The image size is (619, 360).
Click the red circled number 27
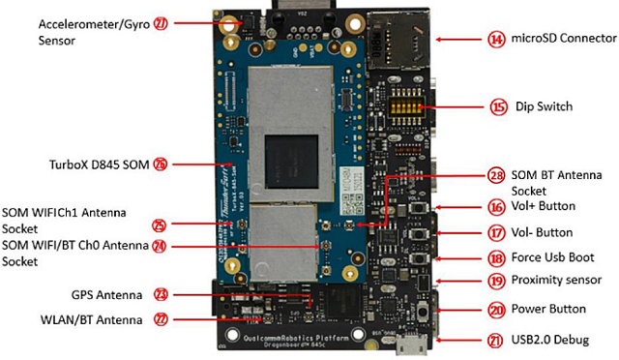(x=161, y=21)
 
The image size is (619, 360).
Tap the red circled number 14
(x=496, y=40)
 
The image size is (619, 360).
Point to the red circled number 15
(x=497, y=106)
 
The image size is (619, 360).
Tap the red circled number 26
(x=161, y=165)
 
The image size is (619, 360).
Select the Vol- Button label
(x=545, y=232)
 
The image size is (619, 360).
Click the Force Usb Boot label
(x=553, y=258)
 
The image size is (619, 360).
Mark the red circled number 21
(x=496, y=340)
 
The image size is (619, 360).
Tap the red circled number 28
(x=497, y=174)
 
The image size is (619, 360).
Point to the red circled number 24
(x=161, y=246)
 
